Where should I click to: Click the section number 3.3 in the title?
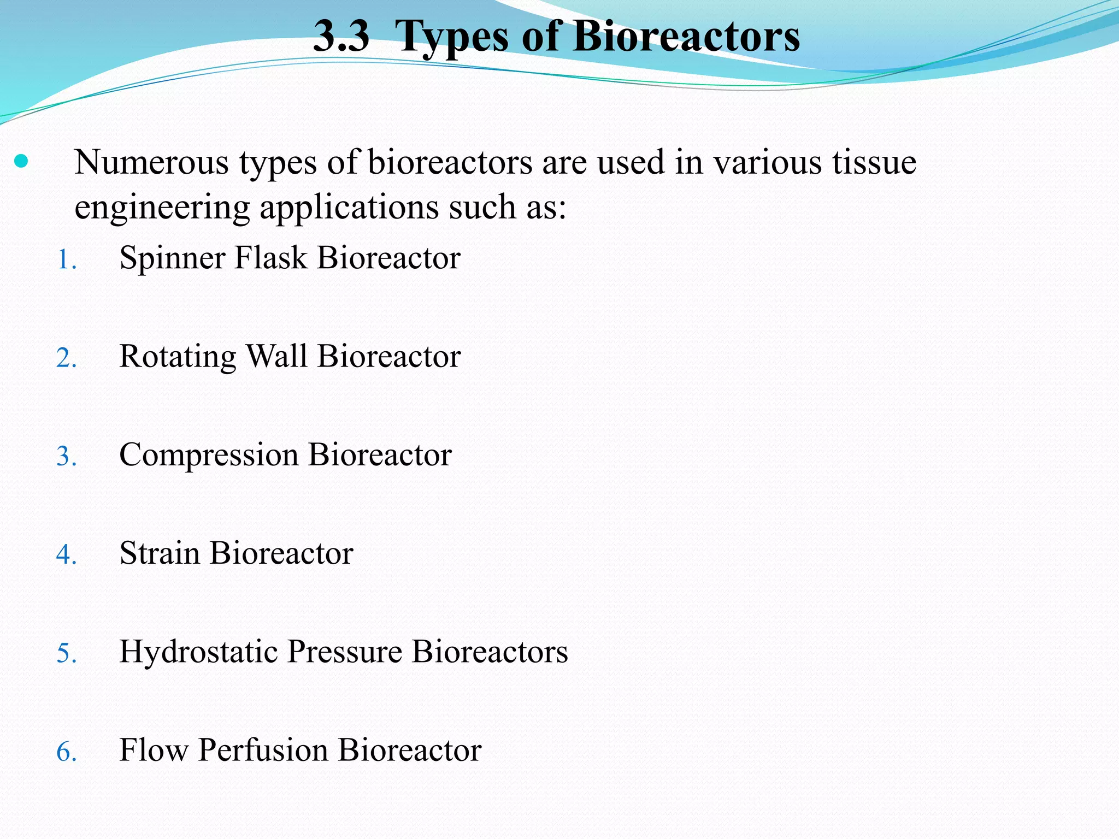[x=341, y=37]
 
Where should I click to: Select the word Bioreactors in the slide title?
[x=686, y=37]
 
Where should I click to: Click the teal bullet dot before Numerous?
[x=21, y=161]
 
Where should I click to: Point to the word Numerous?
[x=151, y=162]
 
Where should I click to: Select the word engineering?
[x=161, y=208]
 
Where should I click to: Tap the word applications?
[x=349, y=208]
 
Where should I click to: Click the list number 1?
[x=66, y=259]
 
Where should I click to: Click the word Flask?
[x=270, y=258]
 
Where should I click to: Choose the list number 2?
[x=66, y=358]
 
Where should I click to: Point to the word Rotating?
[x=178, y=357]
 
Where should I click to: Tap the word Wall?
[x=276, y=356]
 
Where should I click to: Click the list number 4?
[x=66, y=555]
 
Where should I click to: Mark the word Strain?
[x=160, y=553]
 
